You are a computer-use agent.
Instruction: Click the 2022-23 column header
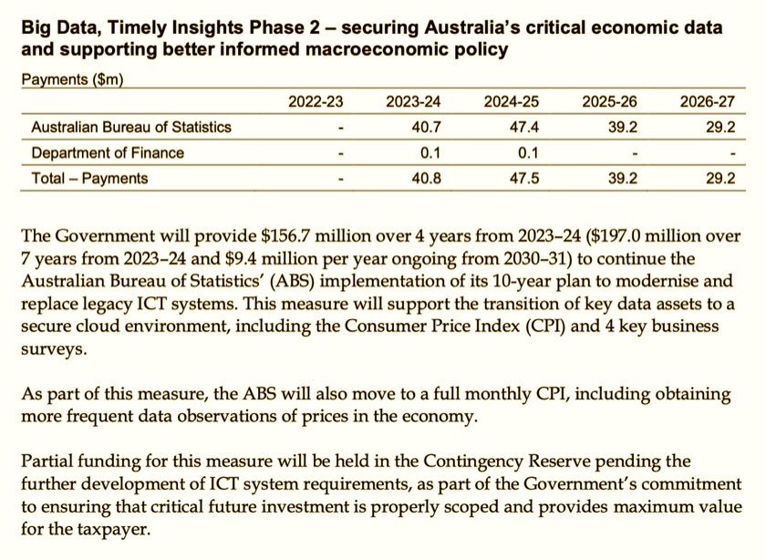(316, 101)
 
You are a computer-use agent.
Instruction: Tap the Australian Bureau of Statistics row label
(131, 127)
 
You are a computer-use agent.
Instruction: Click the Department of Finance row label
(108, 152)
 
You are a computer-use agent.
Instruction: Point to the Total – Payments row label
(89, 178)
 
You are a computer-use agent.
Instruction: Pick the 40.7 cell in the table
(427, 127)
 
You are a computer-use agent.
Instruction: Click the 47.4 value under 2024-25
(524, 127)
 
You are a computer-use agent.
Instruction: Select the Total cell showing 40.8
(427, 178)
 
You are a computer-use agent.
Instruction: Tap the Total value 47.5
(524, 178)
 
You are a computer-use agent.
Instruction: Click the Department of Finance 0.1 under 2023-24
(430, 152)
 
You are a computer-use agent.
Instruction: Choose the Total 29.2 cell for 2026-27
(720, 178)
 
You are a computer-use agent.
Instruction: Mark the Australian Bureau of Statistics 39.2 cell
(623, 127)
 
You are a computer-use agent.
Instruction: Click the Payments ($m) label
(72, 79)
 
